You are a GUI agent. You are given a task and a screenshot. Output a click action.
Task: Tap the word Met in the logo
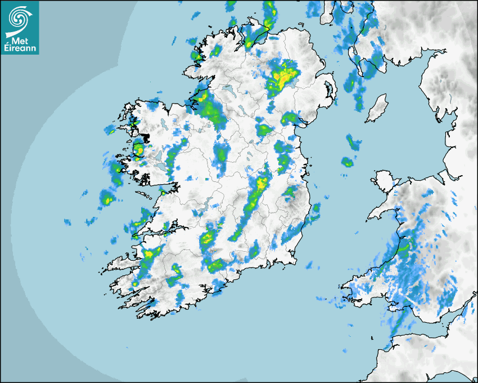[x=19, y=41]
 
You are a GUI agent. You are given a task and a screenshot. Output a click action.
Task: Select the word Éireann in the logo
[x=20, y=48]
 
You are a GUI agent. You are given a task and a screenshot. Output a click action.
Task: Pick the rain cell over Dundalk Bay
[x=290, y=118]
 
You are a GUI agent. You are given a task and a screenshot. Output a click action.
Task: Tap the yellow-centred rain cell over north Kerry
[x=150, y=253]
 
